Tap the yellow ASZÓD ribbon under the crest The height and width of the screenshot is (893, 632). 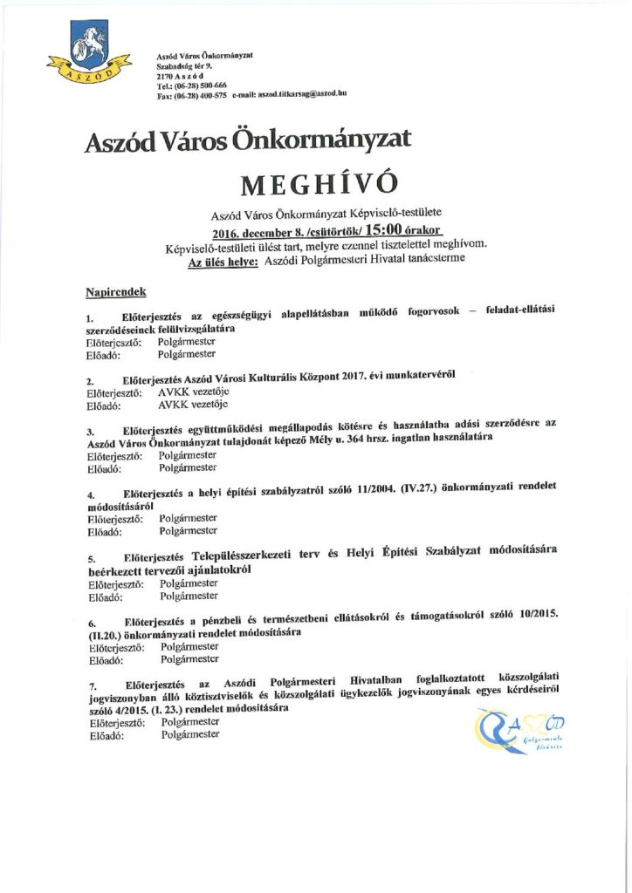(85, 73)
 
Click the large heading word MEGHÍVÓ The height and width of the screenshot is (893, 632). (318, 184)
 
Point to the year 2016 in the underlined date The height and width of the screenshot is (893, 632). (229, 232)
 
